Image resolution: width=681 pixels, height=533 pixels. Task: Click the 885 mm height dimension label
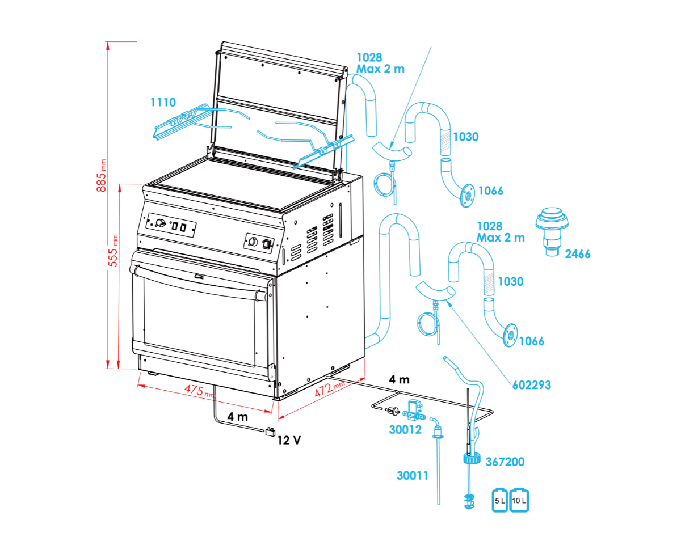[101, 176]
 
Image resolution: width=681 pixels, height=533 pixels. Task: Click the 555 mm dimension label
[113, 251]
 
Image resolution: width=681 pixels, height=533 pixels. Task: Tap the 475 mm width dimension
[200, 391]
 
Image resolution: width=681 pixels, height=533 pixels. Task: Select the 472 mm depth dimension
[329, 388]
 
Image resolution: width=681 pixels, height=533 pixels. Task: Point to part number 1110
[163, 102]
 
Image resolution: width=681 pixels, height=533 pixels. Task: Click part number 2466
[578, 254]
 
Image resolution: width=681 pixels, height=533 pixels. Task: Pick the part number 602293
[532, 385]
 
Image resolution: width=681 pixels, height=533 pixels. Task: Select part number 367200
[505, 462]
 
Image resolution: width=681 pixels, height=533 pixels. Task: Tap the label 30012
[405, 430]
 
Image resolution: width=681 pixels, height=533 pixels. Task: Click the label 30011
[413, 476]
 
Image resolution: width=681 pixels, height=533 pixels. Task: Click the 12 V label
[289, 441]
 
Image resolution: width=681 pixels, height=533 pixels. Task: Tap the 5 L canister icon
[499, 500]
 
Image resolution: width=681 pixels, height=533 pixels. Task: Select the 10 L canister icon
[519, 500]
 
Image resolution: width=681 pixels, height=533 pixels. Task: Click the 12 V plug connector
[270, 432]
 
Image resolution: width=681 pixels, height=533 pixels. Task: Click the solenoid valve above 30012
[414, 411]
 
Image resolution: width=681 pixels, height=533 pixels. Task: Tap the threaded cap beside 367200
[472, 459]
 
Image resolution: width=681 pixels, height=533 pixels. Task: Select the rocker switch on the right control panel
[267, 244]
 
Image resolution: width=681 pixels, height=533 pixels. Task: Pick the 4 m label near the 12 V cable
[238, 417]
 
